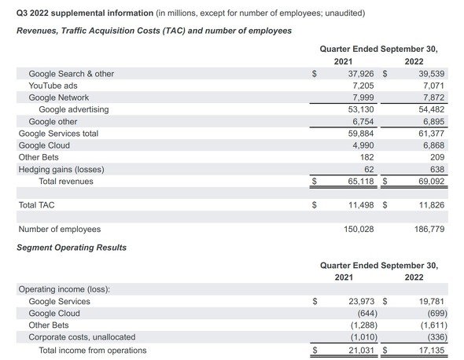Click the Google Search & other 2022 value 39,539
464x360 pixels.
(x=431, y=74)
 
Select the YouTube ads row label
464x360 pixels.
(x=53, y=86)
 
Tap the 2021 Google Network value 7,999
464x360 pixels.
(x=363, y=97)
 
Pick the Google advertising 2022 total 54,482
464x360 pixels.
(x=431, y=109)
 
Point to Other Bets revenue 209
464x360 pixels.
(x=437, y=157)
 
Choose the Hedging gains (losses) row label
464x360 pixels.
(x=61, y=169)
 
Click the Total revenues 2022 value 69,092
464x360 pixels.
(x=431, y=181)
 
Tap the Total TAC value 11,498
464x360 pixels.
(x=361, y=205)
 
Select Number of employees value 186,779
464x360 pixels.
(x=429, y=229)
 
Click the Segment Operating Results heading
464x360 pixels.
(x=72, y=248)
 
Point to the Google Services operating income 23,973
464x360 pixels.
(x=361, y=301)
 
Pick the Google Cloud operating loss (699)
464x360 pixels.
(x=437, y=314)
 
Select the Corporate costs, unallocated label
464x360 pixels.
(x=82, y=337)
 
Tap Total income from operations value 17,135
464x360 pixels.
(x=432, y=351)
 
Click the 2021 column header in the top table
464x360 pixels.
(x=343, y=61)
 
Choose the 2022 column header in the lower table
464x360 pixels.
(x=414, y=277)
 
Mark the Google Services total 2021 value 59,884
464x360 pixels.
(x=361, y=134)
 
